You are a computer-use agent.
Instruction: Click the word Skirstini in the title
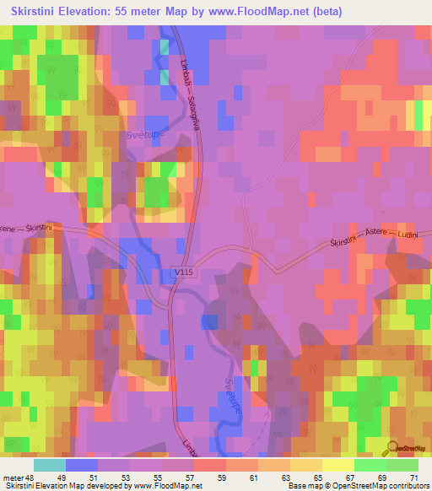(35, 12)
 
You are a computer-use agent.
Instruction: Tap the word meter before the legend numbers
(13, 477)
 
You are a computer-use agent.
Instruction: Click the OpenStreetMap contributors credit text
(384, 486)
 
